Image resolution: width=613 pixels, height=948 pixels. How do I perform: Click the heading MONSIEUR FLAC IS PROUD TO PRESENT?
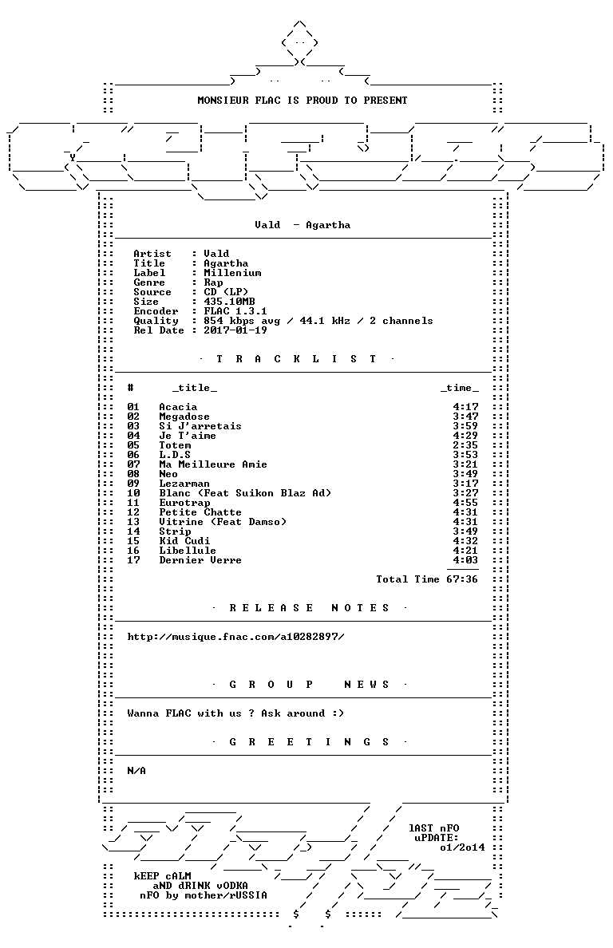pos(303,101)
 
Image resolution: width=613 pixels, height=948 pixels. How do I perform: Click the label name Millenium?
pos(233,273)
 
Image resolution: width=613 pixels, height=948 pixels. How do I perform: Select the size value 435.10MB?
pos(229,302)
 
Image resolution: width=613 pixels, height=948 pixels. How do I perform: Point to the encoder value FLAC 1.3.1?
pos(235,311)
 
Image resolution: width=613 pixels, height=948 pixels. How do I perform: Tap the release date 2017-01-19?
pos(235,330)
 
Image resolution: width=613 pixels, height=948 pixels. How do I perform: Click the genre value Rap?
pos(213,282)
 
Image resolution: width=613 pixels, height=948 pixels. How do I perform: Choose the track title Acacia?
pos(178,407)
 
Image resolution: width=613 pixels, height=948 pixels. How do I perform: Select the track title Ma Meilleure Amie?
pos(213,464)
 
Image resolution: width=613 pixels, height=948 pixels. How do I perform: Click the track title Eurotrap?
pos(185,503)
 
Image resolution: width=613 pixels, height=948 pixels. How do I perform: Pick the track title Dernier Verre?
pos(200,560)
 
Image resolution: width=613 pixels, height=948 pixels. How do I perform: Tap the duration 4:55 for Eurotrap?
pos(465,503)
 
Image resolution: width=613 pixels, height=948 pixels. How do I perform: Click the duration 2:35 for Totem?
pos(465,445)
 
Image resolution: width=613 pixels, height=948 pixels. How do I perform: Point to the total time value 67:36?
pos(462,579)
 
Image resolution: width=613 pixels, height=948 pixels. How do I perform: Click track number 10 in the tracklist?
pos(133,492)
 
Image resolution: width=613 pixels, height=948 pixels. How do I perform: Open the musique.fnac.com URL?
pos(235,637)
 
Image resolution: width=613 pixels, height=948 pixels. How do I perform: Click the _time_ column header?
pos(460,388)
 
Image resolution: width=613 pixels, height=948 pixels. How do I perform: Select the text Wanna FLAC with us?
pos(184,713)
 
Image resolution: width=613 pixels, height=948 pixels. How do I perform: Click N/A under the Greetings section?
pos(136,771)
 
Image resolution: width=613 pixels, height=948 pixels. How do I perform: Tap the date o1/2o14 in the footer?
pos(462,847)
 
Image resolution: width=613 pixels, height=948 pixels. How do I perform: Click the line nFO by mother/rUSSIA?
pos(203,895)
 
